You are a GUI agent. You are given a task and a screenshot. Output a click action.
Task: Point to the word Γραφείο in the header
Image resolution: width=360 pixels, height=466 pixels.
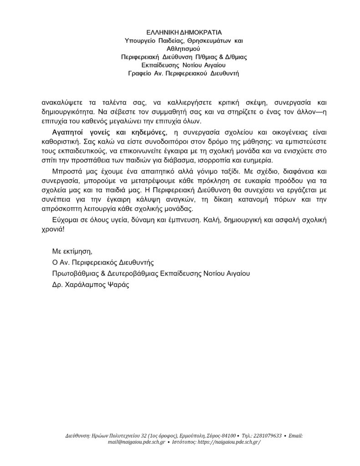tap(141, 73)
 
